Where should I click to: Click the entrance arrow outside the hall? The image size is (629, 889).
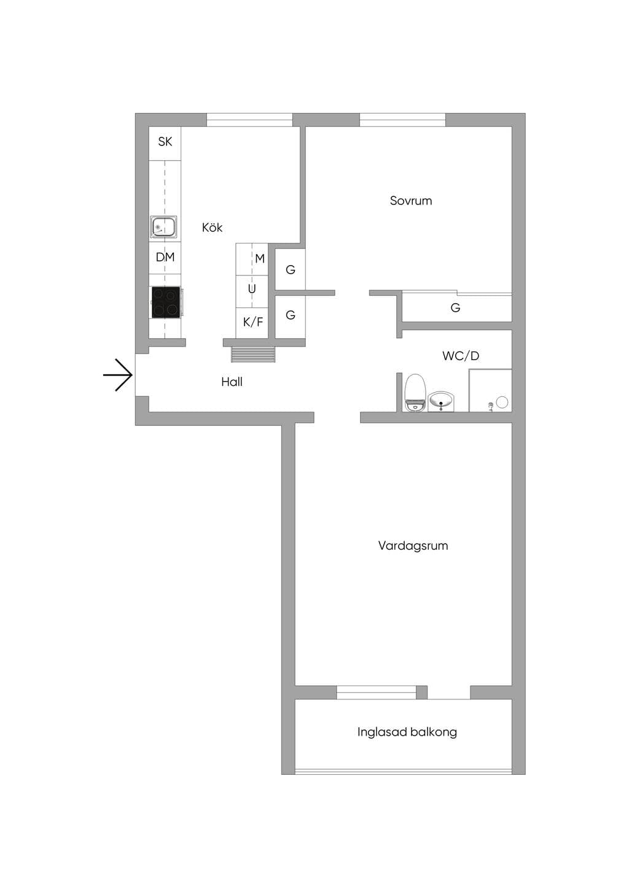click(x=117, y=375)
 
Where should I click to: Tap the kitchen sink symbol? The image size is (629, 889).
click(x=163, y=227)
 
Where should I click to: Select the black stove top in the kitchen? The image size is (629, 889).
click(x=166, y=302)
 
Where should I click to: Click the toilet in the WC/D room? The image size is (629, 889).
click(x=415, y=392)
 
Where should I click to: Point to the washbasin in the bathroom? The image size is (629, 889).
click(x=441, y=401)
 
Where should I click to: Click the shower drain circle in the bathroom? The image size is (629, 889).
click(x=502, y=402)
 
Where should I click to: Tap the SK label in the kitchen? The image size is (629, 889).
click(x=165, y=141)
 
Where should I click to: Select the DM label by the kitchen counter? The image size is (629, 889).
click(x=165, y=257)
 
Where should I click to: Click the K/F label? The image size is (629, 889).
click(x=252, y=321)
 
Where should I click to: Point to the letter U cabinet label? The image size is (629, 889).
click(x=251, y=289)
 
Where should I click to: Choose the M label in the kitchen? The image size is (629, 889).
click(x=260, y=259)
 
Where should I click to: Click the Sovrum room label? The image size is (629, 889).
click(x=411, y=201)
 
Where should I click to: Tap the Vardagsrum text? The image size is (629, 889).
click(x=413, y=545)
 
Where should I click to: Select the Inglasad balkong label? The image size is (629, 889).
click(x=407, y=732)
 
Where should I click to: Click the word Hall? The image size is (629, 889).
click(x=232, y=382)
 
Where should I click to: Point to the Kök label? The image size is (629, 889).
click(x=212, y=228)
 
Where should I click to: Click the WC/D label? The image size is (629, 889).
click(x=461, y=356)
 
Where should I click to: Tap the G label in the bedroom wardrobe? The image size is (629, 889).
click(x=455, y=307)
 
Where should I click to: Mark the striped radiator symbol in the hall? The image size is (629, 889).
click(x=253, y=354)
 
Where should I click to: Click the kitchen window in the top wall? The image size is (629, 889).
click(x=249, y=120)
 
